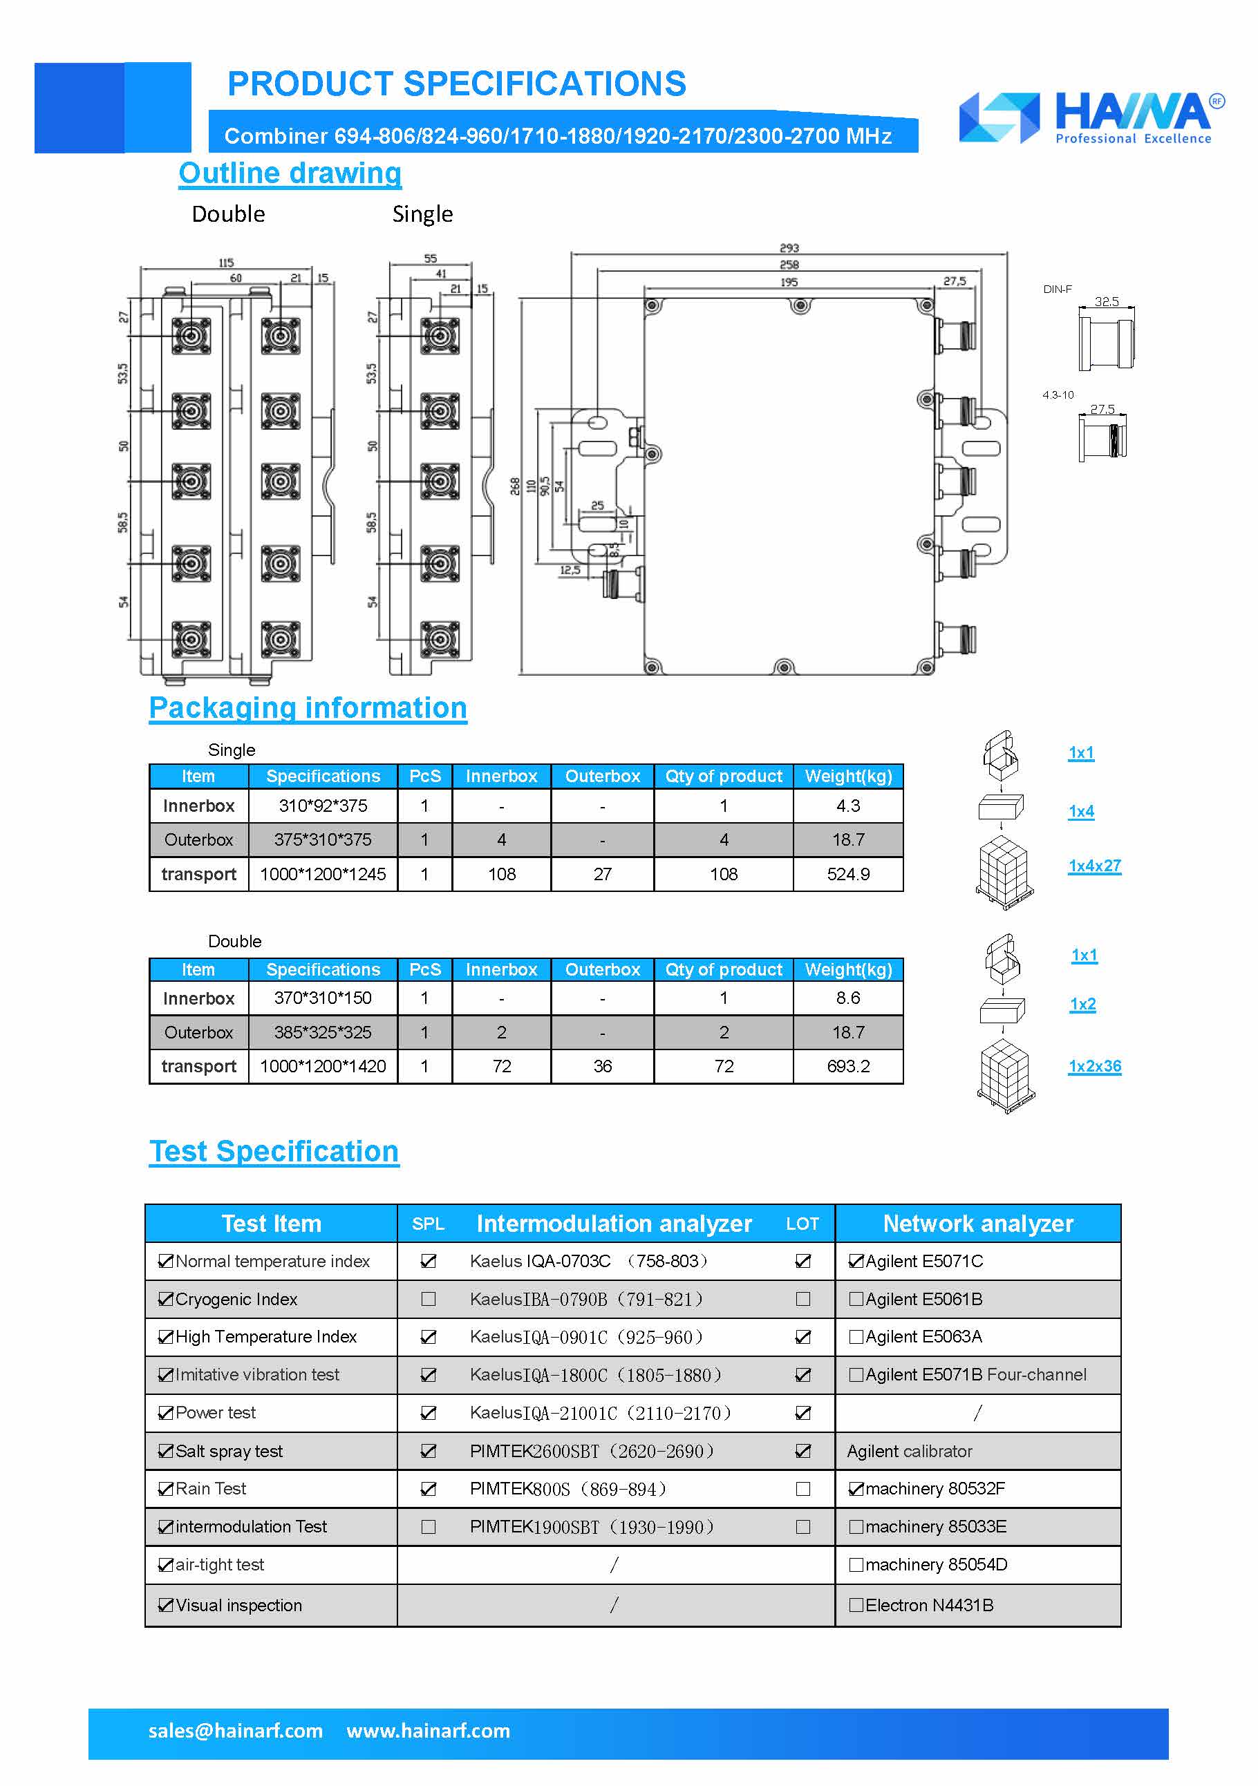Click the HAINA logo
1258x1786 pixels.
tap(1091, 118)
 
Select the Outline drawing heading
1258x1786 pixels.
tap(290, 173)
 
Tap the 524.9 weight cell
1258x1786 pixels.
tap(847, 874)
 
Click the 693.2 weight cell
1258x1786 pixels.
tap(847, 1067)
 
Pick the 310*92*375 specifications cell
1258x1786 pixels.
tap(323, 806)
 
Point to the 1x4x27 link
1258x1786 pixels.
tap(1094, 866)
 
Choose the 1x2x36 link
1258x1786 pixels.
tap(1094, 1067)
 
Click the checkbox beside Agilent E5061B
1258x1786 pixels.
tap(856, 1299)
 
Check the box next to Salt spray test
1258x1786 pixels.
tap(165, 1451)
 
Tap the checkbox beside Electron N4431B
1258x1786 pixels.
tap(856, 1605)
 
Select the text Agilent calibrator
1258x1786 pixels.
tap(909, 1452)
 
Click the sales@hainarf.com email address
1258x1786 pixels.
tap(235, 1731)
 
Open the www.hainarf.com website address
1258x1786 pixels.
tap(428, 1731)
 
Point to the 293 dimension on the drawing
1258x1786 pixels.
tap(789, 248)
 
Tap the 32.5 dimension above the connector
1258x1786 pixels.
tap(1107, 302)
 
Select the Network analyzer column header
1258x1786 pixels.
tap(977, 1224)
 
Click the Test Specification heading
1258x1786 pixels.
tap(274, 1151)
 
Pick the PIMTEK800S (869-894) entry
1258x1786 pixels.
tap(568, 1489)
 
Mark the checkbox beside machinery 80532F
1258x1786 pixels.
tap(856, 1489)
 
